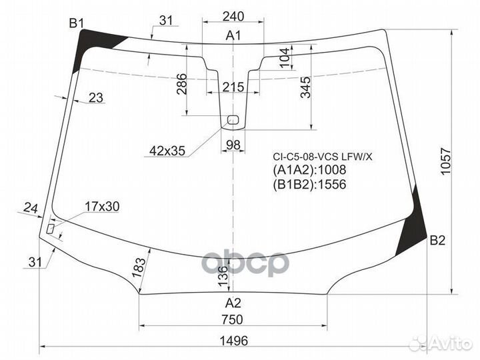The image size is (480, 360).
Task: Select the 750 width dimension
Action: point(232,320)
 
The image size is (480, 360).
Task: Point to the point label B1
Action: point(77,24)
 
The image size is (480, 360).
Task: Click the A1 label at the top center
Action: point(233,35)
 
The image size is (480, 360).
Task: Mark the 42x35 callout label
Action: point(167,151)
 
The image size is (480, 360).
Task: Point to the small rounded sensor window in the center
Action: point(233,120)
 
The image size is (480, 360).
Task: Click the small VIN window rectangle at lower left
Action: point(51,228)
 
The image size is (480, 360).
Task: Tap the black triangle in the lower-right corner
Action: point(413,230)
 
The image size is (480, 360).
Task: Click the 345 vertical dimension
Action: point(305,88)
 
